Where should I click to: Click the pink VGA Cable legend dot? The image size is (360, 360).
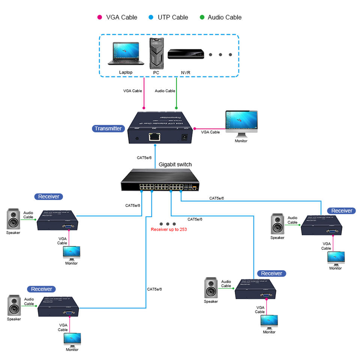(x=100, y=17)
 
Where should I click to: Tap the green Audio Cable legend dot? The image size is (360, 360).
(x=202, y=17)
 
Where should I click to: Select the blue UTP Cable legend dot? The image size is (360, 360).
(x=151, y=17)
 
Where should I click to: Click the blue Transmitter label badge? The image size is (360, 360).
(x=108, y=129)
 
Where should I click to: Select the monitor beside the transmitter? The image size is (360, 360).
(x=241, y=124)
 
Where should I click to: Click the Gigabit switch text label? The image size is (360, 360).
(x=175, y=164)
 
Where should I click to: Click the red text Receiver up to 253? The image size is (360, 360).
(x=169, y=229)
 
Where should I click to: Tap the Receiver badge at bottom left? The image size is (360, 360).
(x=42, y=289)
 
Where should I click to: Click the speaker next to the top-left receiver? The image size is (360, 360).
(x=13, y=220)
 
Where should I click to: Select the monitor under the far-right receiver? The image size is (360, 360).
(x=336, y=258)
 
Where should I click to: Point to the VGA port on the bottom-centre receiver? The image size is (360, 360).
(x=266, y=295)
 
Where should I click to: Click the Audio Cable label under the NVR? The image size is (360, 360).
(x=165, y=91)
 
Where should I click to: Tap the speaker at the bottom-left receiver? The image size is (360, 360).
(x=14, y=305)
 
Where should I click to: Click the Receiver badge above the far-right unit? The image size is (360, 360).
(x=342, y=211)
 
